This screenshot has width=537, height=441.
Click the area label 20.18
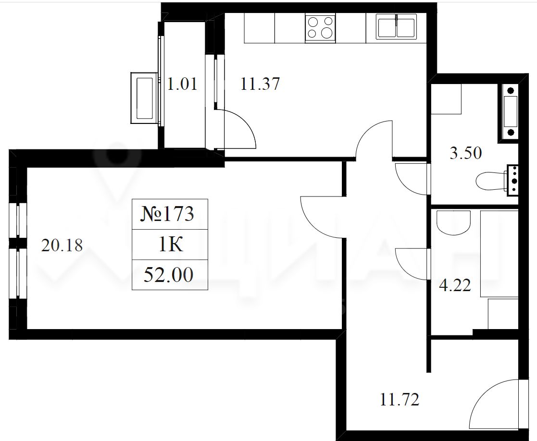point(62,245)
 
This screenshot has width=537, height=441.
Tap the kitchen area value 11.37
point(260,84)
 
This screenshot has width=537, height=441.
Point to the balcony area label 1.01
point(182,84)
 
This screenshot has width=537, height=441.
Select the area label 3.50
point(466,153)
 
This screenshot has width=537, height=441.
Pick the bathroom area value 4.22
point(455,285)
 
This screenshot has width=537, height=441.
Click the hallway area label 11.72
point(400,399)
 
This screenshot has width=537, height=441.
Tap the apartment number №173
point(167,214)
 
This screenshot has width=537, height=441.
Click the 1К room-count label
point(170,245)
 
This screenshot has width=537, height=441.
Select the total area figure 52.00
point(168,275)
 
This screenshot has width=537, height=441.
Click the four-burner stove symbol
point(320,28)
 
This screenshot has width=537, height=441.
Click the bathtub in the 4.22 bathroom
point(500,254)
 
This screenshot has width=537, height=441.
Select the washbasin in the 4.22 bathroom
point(453,222)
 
